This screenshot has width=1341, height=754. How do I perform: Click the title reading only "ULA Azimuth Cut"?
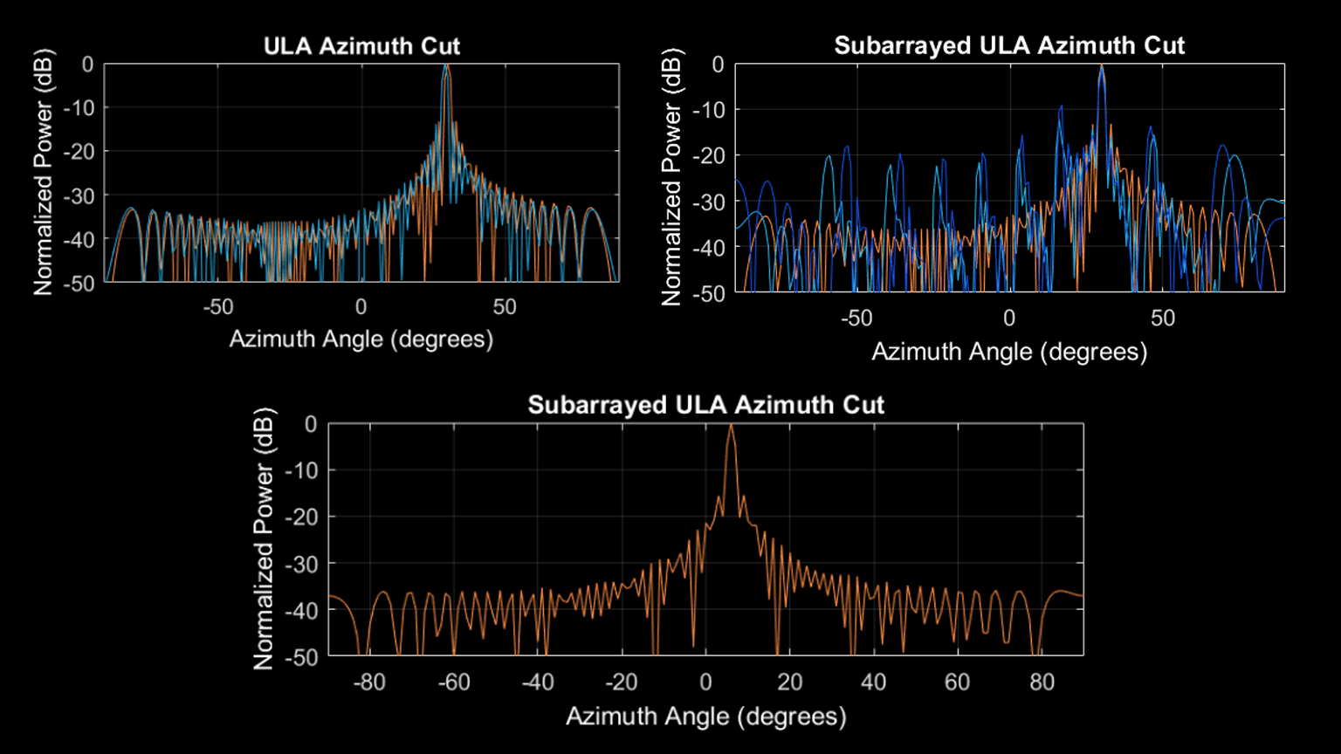pos(361,46)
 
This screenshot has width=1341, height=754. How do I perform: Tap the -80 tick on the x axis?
pos(368,682)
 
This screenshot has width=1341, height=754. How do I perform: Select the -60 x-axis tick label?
pos(453,682)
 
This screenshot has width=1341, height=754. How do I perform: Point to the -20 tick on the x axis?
pos(621,682)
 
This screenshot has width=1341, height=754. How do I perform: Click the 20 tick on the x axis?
pos(789,682)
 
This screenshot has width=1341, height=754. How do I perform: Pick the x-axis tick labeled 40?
pos(873,682)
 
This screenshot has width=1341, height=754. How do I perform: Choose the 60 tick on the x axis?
pos(958,682)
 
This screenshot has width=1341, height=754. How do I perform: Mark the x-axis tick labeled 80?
pos(1042,682)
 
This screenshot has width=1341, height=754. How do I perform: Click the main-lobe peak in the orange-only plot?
pos(731,425)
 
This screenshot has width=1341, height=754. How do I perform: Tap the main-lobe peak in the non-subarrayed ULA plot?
pos(445,65)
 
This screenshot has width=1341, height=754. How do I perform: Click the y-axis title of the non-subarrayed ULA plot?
pos(44,173)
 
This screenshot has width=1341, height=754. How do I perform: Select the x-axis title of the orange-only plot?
pos(705,716)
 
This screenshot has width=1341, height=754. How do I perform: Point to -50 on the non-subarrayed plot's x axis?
pos(218,307)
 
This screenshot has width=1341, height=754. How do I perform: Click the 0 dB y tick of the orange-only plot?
pos(309,424)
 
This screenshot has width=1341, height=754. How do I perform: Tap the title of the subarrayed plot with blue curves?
pos(1009,46)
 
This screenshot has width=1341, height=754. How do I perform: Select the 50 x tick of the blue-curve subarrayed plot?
pos(1162,319)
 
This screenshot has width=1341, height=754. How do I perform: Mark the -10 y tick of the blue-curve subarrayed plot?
pos(706,110)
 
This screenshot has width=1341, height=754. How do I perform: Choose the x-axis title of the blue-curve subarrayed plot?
pos(1009,352)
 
